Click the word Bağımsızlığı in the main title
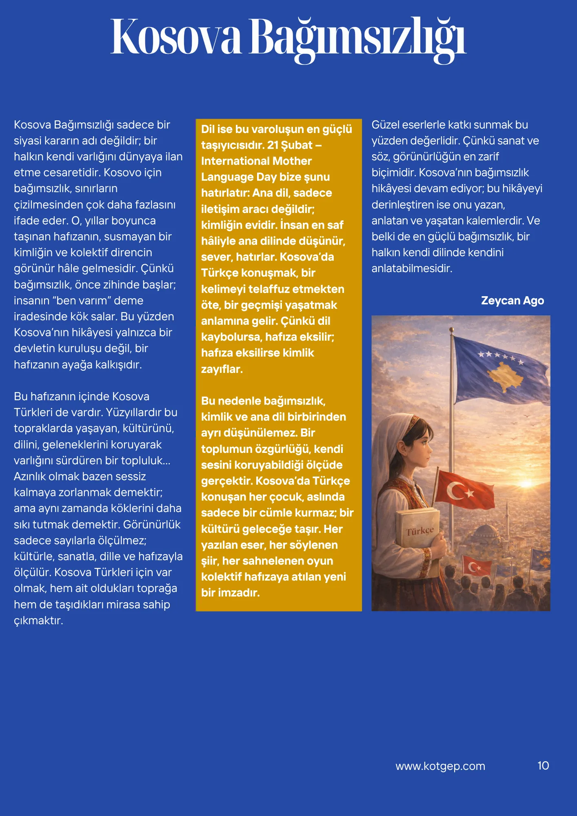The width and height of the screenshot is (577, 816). pos(357,38)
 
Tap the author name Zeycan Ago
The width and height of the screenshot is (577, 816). pos(512,301)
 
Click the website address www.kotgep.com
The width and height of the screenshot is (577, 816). pos(440,766)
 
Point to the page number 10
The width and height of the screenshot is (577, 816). pos(543,766)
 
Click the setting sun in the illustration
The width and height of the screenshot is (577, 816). pos(526,483)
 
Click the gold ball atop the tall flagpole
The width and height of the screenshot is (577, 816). pos(452,329)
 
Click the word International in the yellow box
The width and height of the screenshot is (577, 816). pos(235,161)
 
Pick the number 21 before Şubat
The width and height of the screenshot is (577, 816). pos(273,145)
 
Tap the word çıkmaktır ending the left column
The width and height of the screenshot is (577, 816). pos(38,621)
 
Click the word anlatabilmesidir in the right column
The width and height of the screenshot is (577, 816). pos(411,268)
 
